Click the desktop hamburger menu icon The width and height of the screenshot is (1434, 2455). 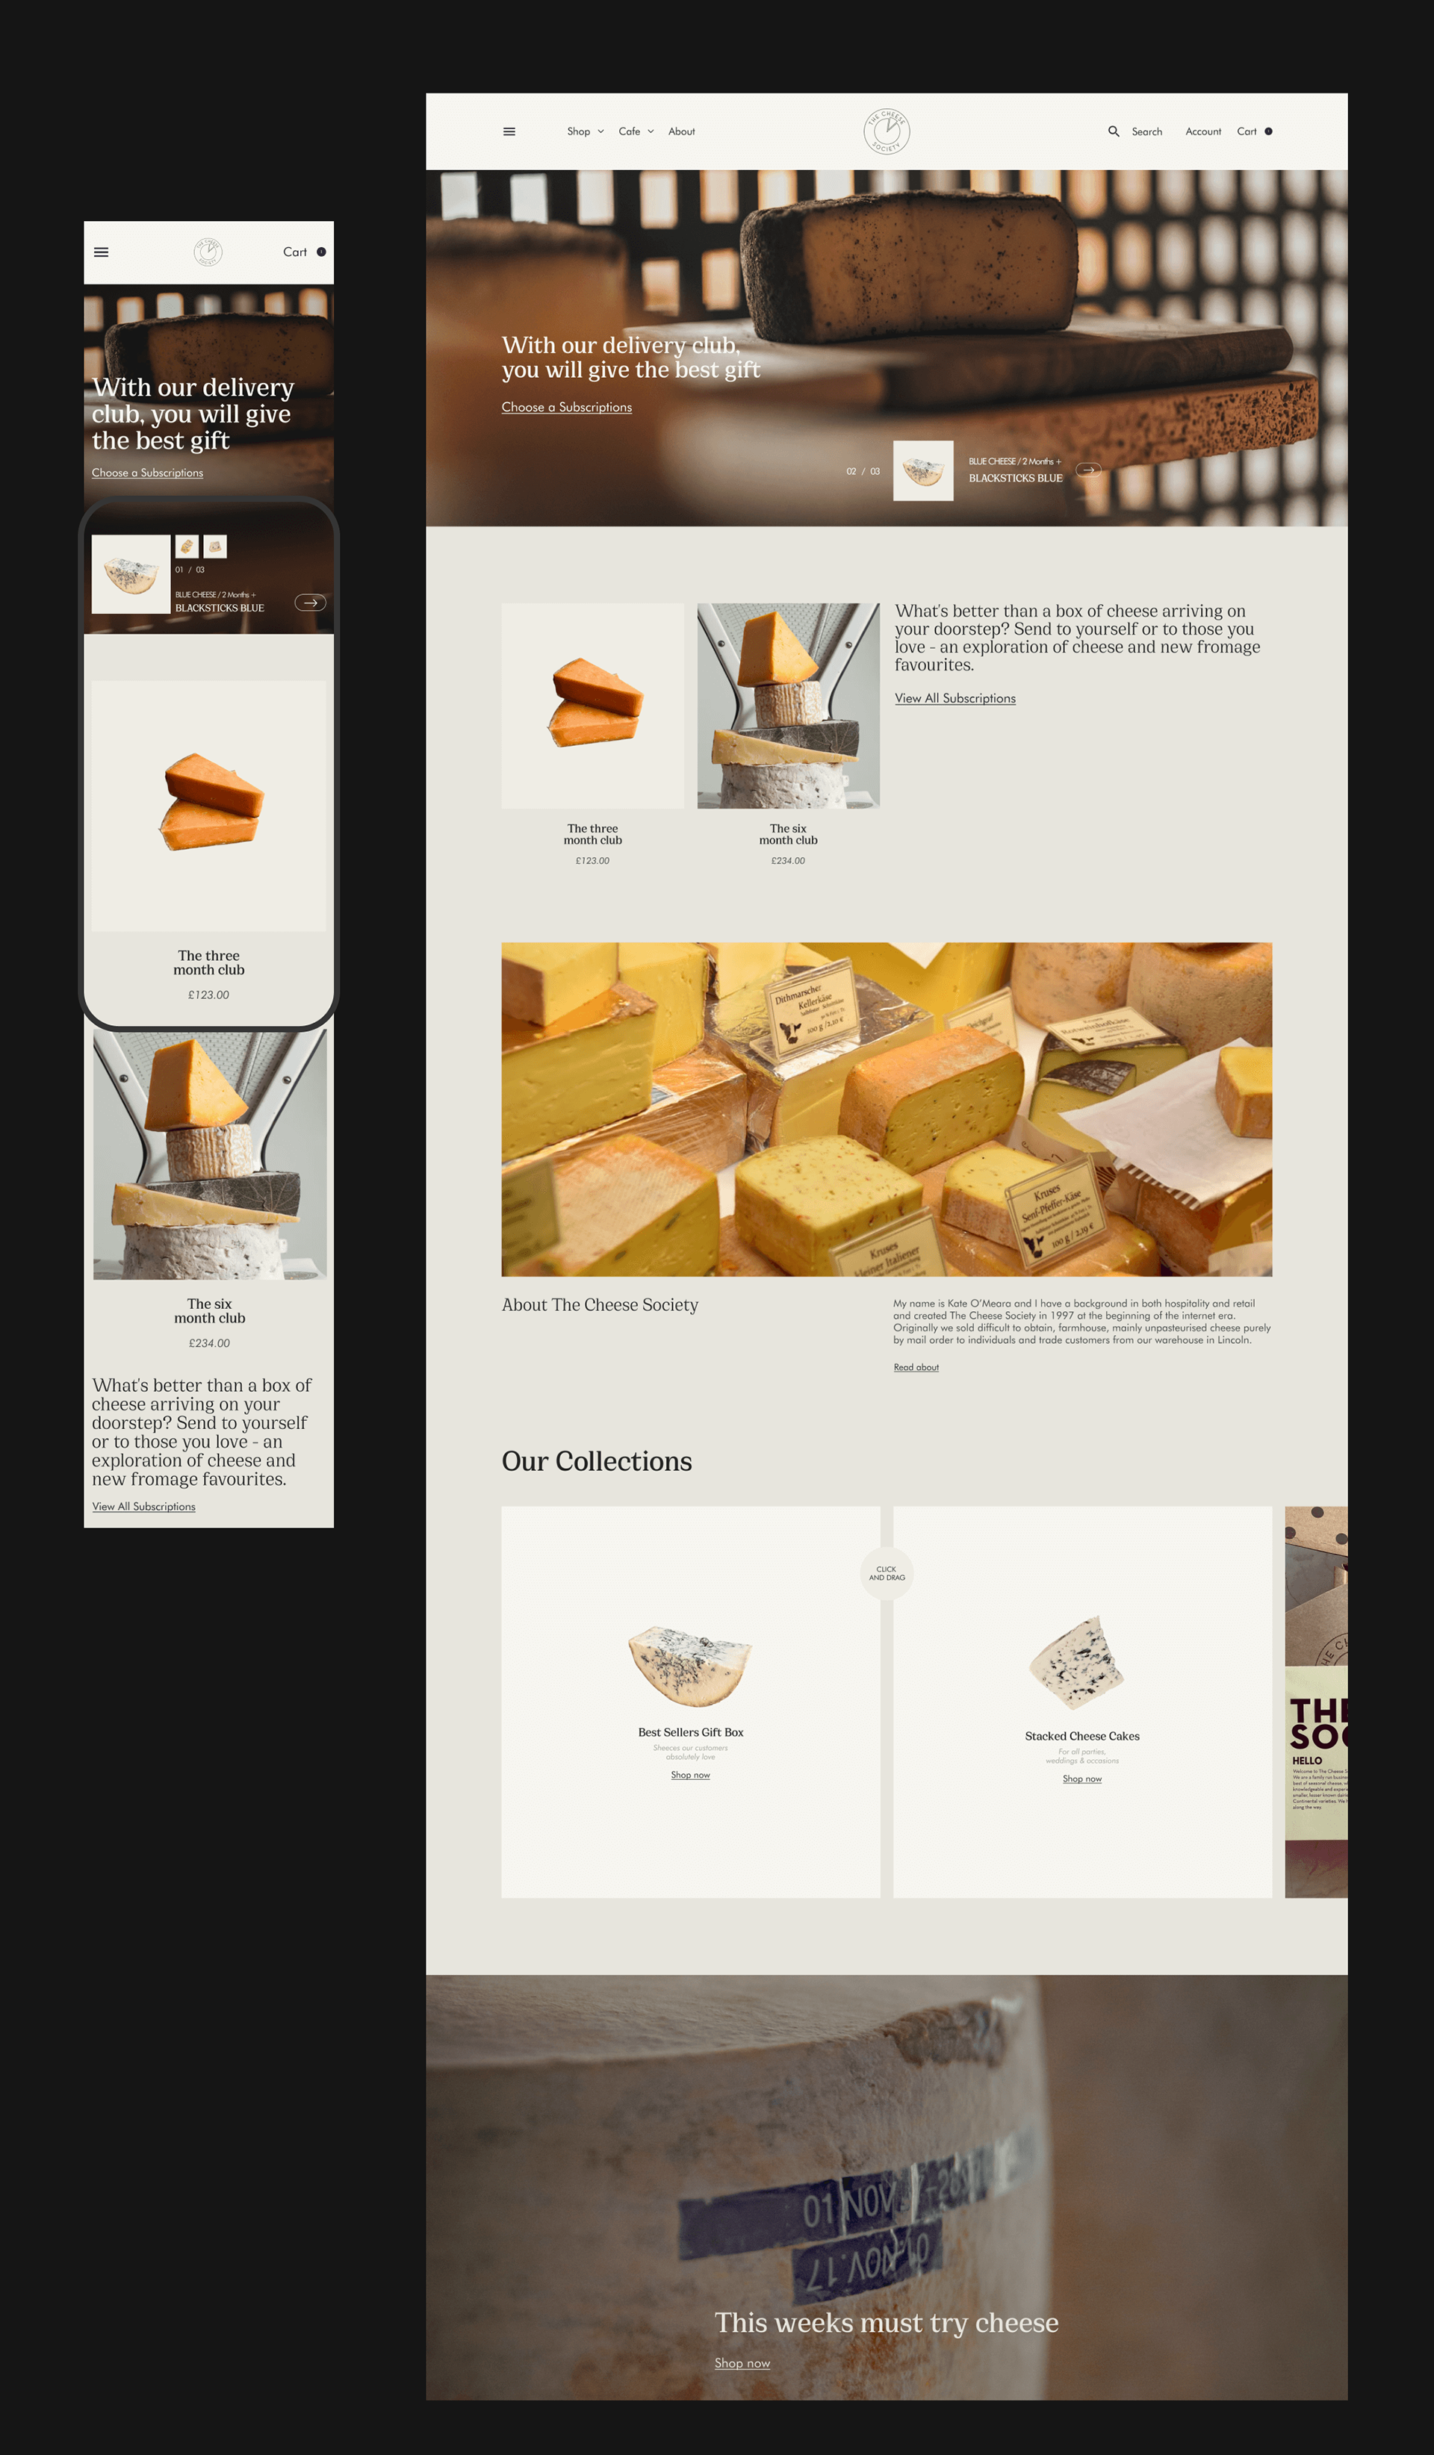(509, 131)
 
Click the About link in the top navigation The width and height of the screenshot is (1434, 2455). (681, 131)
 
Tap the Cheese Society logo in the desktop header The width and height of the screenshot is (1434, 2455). (887, 131)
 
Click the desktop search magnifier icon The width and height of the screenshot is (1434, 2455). (1114, 131)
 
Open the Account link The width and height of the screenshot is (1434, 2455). (1203, 131)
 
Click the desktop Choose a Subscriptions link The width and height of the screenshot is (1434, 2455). (566, 407)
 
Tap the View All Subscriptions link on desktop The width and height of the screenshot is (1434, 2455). (955, 699)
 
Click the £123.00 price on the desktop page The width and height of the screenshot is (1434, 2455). (592, 861)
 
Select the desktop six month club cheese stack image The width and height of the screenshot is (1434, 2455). (788, 706)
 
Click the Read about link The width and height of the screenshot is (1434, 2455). (916, 1368)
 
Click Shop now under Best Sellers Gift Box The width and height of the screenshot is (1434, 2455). (689, 1775)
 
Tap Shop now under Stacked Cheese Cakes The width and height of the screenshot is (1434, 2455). (1081, 1779)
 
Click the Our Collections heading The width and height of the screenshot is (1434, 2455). (596, 1461)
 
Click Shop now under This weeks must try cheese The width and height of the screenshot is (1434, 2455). (742, 2363)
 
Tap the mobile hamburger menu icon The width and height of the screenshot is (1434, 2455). (102, 252)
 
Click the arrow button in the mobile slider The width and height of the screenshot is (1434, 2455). (310, 602)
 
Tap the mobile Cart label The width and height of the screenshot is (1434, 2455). (295, 252)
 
